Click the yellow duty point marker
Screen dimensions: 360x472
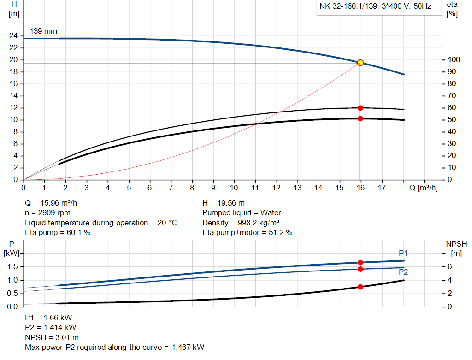pyautogui.click(x=360, y=63)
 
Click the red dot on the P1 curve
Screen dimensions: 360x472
pyautogui.click(x=360, y=262)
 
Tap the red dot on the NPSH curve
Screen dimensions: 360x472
pyautogui.click(x=360, y=287)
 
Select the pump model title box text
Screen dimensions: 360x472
pyautogui.click(x=375, y=7)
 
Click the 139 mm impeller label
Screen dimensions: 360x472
pyautogui.click(x=43, y=31)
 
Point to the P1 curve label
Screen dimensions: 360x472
pyautogui.click(x=403, y=253)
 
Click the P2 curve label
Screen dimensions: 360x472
pyautogui.click(x=403, y=272)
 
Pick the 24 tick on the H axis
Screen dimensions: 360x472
pyautogui.click(x=13, y=36)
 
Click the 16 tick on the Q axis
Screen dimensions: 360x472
pyautogui.click(x=360, y=188)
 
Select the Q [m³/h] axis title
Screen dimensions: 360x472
pyautogui.click(x=423, y=188)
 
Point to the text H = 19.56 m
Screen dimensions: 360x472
pyautogui.click(x=224, y=203)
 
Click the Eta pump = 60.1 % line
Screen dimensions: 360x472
pyautogui.click(x=58, y=233)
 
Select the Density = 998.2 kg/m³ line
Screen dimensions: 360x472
pyautogui.click(x=240, y=223)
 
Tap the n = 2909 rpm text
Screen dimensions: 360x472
pyautogui.click(x=46, y=213)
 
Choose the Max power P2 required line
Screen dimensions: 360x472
pyautogui.click(x=114, y=347)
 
